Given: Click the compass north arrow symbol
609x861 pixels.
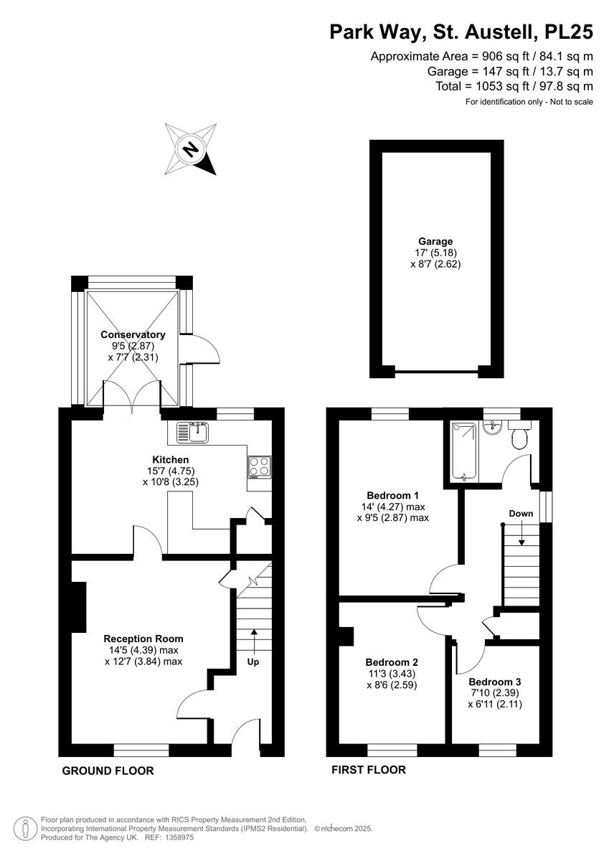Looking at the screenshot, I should (191, 149).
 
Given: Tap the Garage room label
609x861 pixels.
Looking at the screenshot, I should (435, 241).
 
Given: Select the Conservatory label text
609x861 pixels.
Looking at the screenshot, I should (133, 334).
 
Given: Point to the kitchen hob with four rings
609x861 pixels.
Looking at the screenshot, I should (259, 466).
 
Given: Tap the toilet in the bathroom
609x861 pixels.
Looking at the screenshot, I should (519, 436).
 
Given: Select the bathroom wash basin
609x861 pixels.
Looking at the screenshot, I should (493, 429).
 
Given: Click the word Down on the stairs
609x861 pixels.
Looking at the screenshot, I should (521, 514).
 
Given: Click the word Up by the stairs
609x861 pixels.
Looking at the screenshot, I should (253, 662).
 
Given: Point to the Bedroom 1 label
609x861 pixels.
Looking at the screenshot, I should (392, 495).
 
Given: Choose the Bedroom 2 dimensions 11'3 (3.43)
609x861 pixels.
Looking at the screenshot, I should (391, 674).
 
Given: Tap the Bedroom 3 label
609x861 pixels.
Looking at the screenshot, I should (494, 682).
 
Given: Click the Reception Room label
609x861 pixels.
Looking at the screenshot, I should (143, 639).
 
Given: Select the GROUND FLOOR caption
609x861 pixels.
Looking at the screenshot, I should (108, 771).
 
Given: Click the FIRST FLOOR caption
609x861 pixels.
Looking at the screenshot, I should (369, 770).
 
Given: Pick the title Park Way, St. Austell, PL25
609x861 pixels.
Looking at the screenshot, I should (461, 32).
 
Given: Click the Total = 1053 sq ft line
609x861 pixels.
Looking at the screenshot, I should (514, 86).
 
